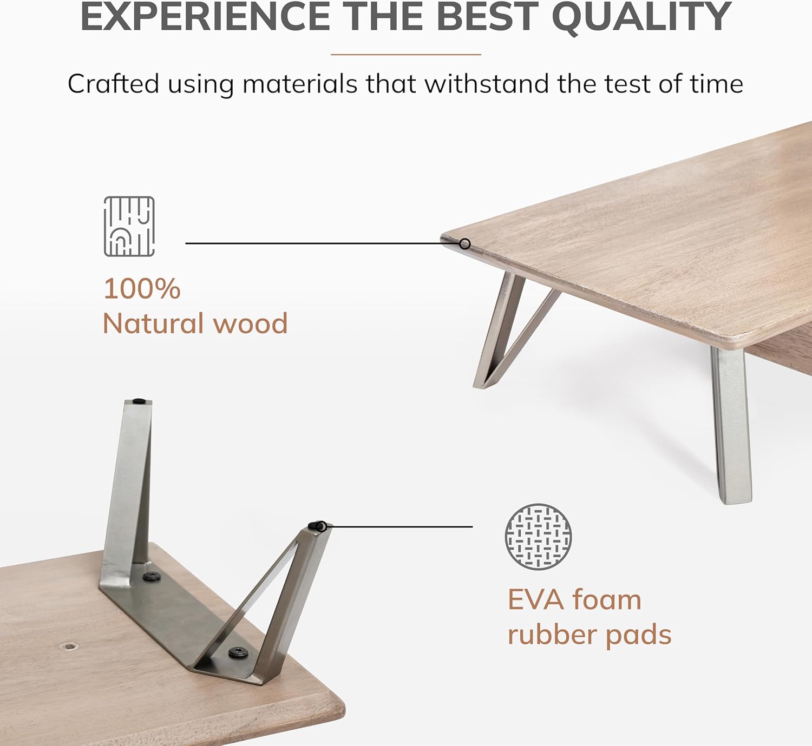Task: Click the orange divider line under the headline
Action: pos(405,54)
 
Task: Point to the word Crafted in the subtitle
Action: pos(113,84)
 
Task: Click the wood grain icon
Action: pos(129,226)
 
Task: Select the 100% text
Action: pos(142,289)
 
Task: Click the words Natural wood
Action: pos(195,324)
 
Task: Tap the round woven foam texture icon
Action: pos(538,537)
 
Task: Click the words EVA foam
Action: pos(574,600)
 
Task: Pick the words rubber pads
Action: pos(589,635)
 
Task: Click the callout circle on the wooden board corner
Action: pos(464,244)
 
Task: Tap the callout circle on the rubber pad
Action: pos(321,525)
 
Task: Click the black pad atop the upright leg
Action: pos(139,401)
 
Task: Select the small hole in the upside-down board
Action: pos(69,646)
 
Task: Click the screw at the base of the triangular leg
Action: pos(238,653)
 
